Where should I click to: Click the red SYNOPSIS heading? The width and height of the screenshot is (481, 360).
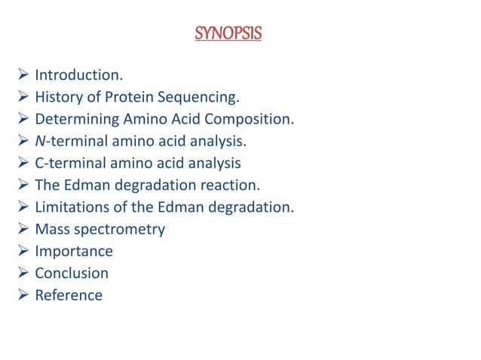(x=228, y=34)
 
